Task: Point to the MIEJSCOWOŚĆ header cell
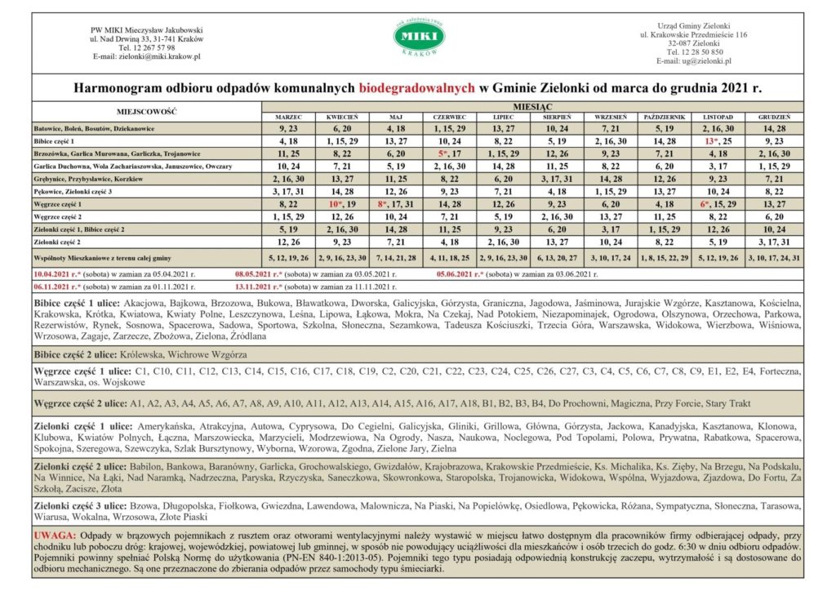point(146,112)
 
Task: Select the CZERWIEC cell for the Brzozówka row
point(451,153)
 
